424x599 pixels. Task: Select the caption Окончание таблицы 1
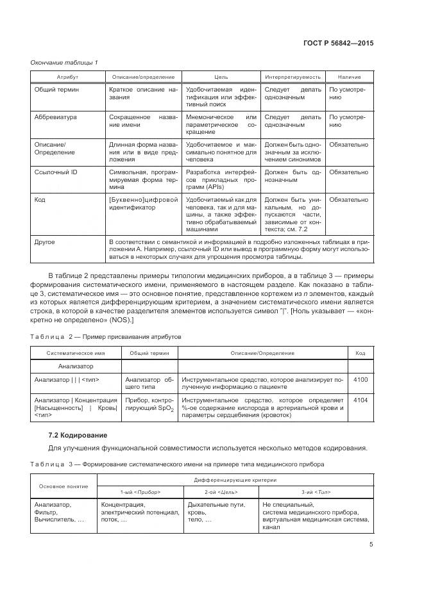tap(64, 62)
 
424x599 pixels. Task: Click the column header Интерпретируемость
tap(292, 77)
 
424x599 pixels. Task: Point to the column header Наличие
tap(348, 77)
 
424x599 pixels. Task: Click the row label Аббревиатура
tap(55, 118)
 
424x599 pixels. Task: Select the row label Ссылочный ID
tap(56, 172)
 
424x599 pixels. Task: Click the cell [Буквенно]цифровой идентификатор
tap(143, 204)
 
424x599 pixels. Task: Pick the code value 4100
tap(360, 380)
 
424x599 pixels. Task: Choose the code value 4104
tap(360, 400)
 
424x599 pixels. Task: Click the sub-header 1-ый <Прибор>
tap(139, 491)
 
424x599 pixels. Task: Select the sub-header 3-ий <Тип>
tap(316, 491)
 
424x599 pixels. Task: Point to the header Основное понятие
tap(64, 486)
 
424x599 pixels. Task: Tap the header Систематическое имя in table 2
tap(76, 353)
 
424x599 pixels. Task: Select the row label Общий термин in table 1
tap(56, 90)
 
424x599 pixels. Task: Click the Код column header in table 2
tap(360, 353)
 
